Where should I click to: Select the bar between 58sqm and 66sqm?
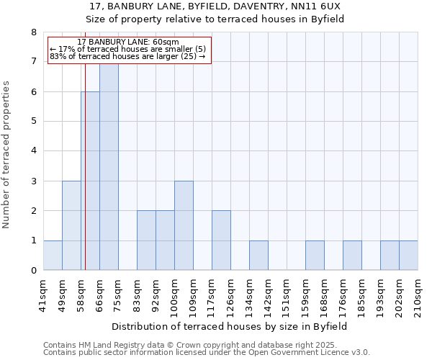click(90, 181)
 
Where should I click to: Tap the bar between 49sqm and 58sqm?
click(71, 225)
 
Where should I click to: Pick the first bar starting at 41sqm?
click(53, 256)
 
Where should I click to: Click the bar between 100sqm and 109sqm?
click(184, 225)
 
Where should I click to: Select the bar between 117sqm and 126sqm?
click(221, 240)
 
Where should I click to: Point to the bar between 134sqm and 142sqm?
click(258, 256)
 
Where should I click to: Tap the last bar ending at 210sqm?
click(408, 256)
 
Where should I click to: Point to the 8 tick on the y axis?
click(33, 32)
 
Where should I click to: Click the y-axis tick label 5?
click(33, 122)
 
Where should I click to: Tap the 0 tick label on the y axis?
click(33, 271)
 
